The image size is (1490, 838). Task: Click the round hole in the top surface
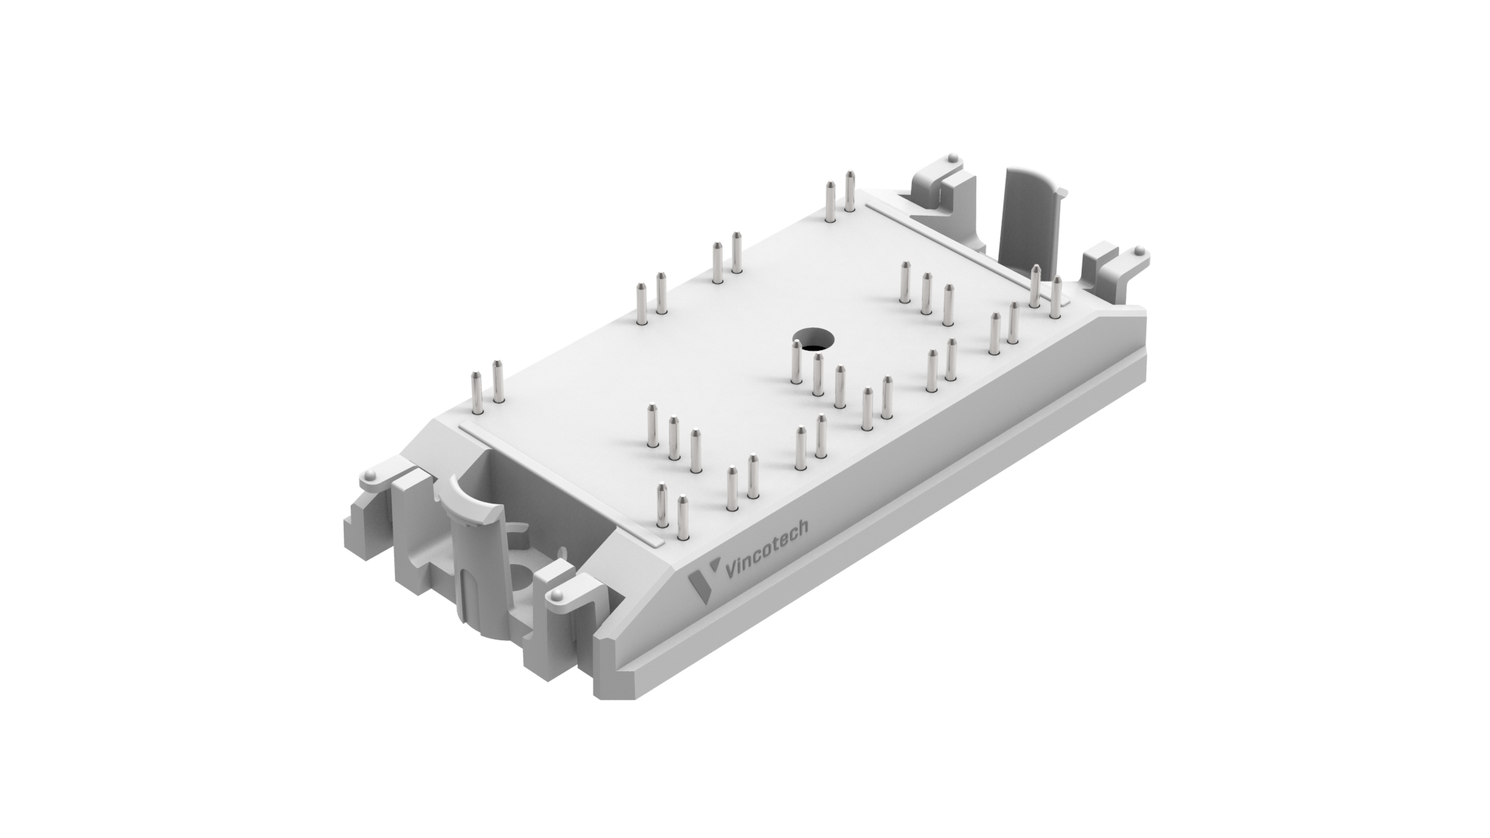tap(813, 341)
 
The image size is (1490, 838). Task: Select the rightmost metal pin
tap(1055, 296)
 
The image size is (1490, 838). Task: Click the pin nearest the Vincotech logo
tap(683, 518)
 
